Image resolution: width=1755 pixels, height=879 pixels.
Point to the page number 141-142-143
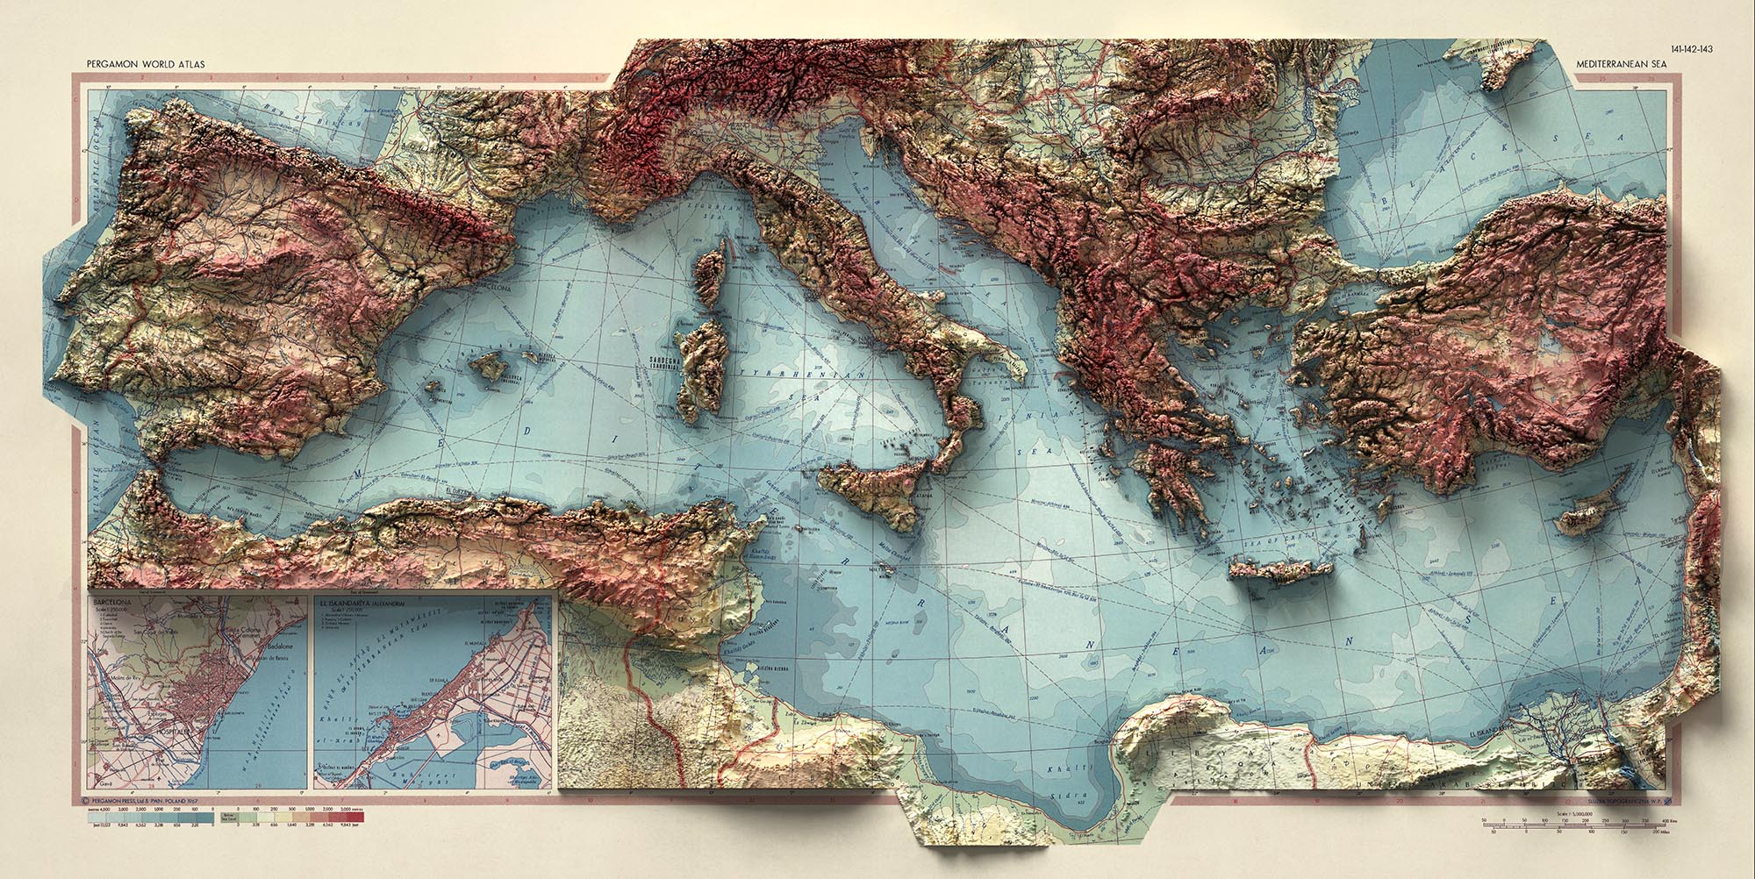(1687, 49)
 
